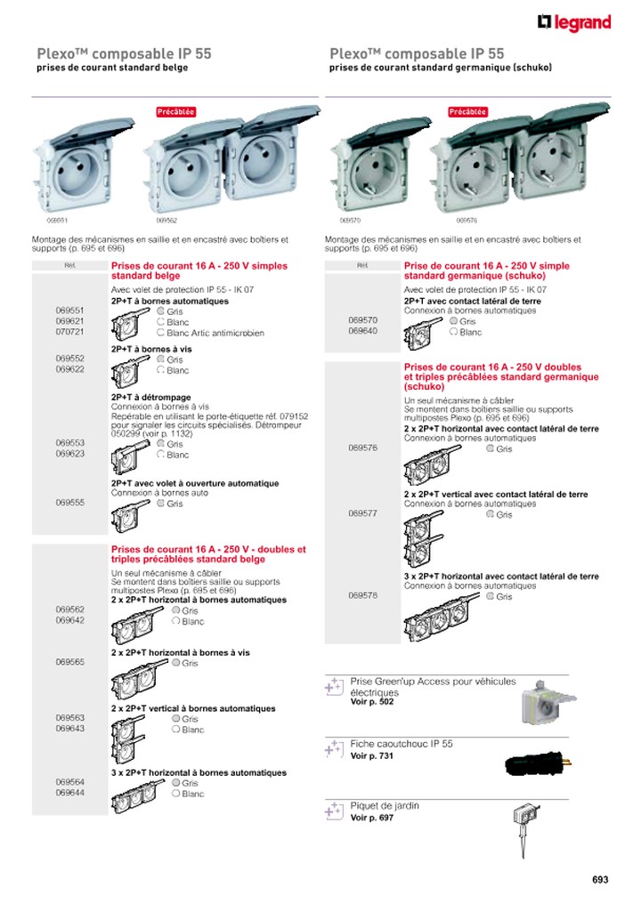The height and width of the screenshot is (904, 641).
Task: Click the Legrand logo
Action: pos(574,23)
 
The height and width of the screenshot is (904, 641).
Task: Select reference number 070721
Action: pos(69,331)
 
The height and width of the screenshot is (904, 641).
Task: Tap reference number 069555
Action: pos(69,503)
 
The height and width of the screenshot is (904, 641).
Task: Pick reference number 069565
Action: pos(69,662)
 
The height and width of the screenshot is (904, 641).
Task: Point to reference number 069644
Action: pos(69,793)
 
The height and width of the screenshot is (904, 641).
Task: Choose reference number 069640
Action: pos(363,330)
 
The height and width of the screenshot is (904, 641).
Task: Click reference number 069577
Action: pos(363,513)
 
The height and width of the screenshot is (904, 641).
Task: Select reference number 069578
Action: pos(363,595)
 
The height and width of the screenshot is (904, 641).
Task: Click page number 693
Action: pos(600,880)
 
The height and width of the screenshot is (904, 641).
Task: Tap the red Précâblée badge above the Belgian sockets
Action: pos(175,112)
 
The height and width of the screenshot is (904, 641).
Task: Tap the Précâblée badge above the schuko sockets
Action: pos(468,112)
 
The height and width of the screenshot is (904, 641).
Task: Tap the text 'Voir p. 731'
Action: pos(372,755)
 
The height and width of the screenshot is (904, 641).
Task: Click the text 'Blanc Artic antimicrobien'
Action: pos(215,333)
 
